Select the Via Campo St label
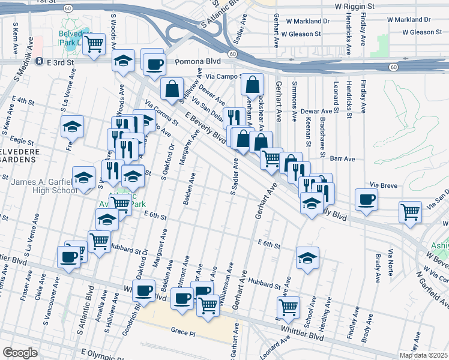pyautogui.click(x=223, y=77)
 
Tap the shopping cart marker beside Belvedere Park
pyautogui.click(x=94, y=44)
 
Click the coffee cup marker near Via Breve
pyautogui.click(x=366, y=199)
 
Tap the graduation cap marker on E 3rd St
pyautogui.click(x=124, y=61)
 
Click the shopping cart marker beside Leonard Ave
pyautogui.click(x=289, y=307)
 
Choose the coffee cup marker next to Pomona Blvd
pyautogui.click(x=153, y=62)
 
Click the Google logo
pyautogui.click(x=20, y=353)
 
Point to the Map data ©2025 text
pyautogui.click(x=423, y=355)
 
